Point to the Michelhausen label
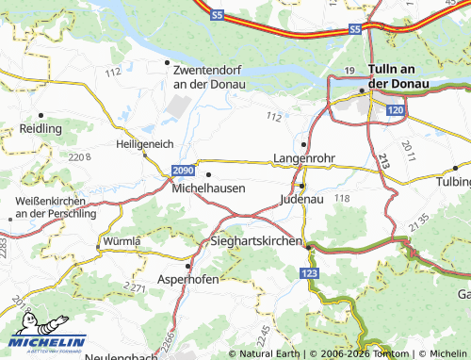[x=209, y=188]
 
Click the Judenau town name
[x=301, y=199]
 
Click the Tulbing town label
[x=455, y=180]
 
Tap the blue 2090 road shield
[x=184, y=170]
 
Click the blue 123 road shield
[x=309, y=271]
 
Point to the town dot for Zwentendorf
[x=168, y=62]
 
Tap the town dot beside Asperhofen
[x=187, y=265]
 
